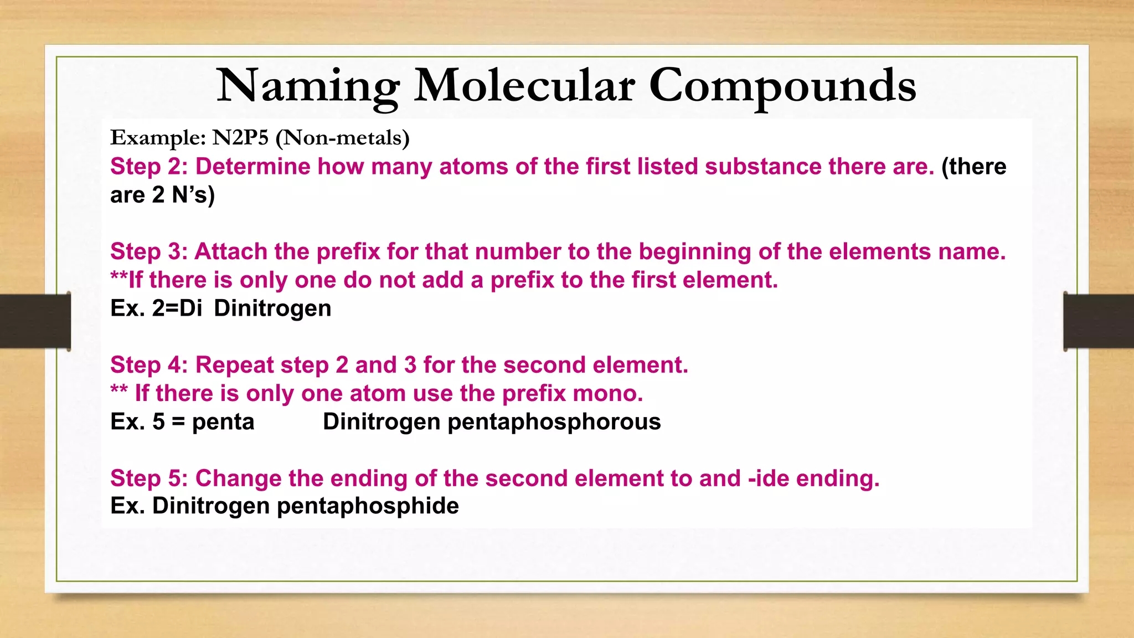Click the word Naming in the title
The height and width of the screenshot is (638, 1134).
click(x=308, y=86)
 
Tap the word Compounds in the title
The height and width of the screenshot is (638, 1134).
click(x=782, y=86)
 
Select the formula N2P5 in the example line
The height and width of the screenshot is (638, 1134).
click(x=240, y=137)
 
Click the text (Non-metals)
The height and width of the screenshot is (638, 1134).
click(x=342, y=137)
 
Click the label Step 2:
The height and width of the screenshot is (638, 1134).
click(x=149, y=167)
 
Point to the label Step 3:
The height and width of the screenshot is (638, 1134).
click(x=149, y=252)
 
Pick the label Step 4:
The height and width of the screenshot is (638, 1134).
click(x=149, y=366)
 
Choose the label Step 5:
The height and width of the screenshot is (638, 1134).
click(x=149, y=478)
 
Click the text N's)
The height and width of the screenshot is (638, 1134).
click(x=193, y=195)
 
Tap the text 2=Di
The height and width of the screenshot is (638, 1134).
click(x=177, y=308)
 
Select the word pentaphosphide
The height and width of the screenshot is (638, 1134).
click(x=368, y=506)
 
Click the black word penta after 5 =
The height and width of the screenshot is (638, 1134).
click(x=223, y=422)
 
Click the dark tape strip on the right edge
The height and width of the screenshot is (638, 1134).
click(x=1099, y=321)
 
